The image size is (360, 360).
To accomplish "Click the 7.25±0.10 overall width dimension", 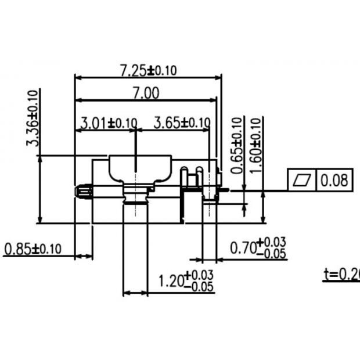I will [x=147, y=71].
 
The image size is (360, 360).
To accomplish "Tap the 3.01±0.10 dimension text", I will [x=107, y=123].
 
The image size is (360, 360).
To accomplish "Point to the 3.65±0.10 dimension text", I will [x=181, y=123].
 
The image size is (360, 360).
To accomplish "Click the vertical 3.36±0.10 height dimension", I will [x=34, y=119].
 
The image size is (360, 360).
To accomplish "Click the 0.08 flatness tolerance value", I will [x=334, y=180].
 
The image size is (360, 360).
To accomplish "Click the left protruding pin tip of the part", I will [x=79, y=190].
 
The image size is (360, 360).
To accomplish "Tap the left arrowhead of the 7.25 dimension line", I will [x=77, y=77].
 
